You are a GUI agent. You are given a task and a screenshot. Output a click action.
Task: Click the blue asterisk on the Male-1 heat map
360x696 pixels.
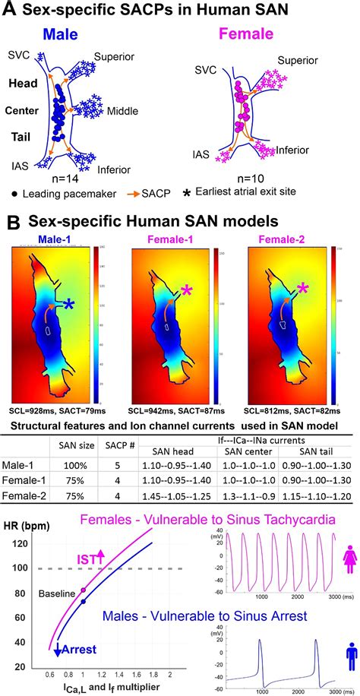pos(90,305)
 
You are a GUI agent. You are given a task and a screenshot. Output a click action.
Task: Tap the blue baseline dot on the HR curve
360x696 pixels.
pos(84,602)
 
